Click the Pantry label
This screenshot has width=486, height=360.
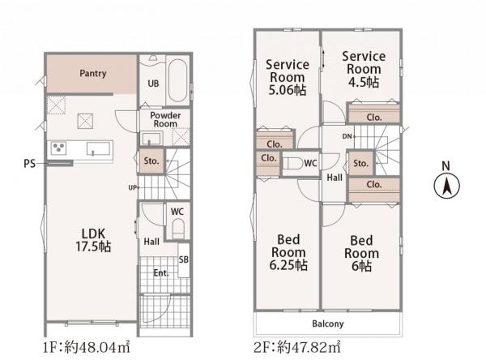93,73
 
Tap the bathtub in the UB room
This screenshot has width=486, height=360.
177,80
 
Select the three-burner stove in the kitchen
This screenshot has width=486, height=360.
58,148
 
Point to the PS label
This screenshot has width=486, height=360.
30,164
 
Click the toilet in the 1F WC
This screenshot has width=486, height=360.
178,228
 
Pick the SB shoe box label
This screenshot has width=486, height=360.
184,259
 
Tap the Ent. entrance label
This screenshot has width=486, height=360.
161,273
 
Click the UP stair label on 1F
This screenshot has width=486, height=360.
132,187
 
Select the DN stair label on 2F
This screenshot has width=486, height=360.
347,136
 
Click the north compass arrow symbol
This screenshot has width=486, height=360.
446,186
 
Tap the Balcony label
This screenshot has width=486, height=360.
327,324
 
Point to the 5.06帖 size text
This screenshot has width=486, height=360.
287,90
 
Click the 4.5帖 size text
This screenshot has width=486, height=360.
363,82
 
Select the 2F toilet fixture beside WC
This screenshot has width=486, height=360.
293,163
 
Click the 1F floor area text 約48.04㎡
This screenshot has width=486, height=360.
97,347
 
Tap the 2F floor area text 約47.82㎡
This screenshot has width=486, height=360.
309,347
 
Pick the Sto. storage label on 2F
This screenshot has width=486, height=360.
360,163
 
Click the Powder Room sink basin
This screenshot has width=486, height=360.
151,139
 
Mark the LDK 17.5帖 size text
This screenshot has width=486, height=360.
93,246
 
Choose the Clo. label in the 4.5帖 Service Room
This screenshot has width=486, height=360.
373,118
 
